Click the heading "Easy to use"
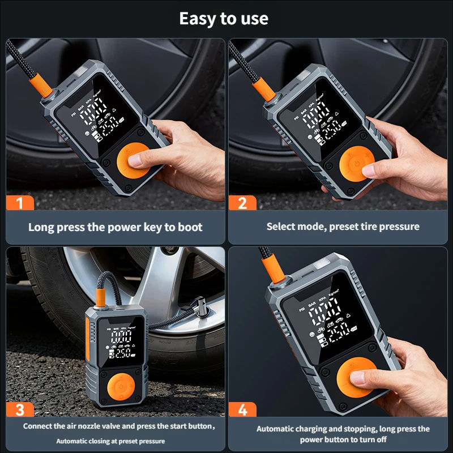[x=224, y=19]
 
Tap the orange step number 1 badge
[x=20, y=203]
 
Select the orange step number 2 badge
[x=242, y=203]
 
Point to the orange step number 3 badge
[x=20, y=409]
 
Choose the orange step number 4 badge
[x=242, y=409]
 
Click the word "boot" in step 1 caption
[x=190, y=227]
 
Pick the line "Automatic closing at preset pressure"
[x=110, y=441]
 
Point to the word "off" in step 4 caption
[x=381, y=440]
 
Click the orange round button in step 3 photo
[x=121, y=387]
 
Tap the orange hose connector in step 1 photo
[x=41, y=86]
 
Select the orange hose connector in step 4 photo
[x=273, y=270]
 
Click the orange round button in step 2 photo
[x=357, y=164]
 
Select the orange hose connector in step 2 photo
[x=264, y=89]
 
